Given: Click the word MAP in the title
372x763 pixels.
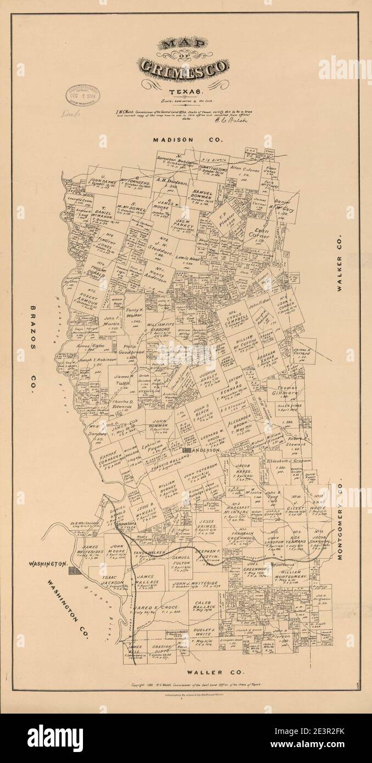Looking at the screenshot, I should (x=185, y=46).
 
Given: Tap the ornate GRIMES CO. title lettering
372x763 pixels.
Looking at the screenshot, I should (x=185, y=68).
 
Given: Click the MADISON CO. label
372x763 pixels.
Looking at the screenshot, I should (x=189, y=140).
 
